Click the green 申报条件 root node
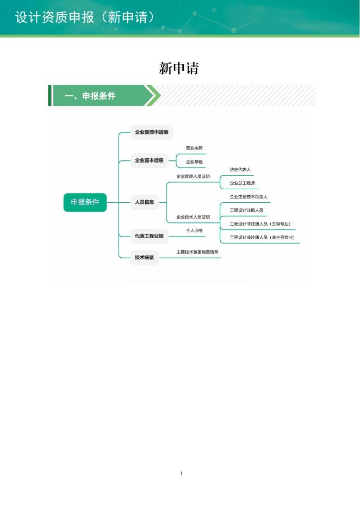point(85,202)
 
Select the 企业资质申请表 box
point(152,132)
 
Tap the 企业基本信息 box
point(149,160)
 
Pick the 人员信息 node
point(144,202)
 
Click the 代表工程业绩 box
point(149,235)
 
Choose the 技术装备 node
point(144,257)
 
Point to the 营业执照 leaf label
point(194,148)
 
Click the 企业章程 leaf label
point(194,162)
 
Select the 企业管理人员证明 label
point(193,176)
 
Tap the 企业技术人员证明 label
point(193,217)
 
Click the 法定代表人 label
point(240,170)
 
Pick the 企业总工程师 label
point(242,183)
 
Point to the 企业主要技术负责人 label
point(249,196)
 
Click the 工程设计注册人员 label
point(246,210)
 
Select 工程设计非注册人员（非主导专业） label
point(262,237)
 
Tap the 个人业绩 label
point(194,231)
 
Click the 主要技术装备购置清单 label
point(197,252)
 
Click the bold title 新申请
point(179,69)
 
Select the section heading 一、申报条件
point(90,96)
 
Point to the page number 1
point(181,474)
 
